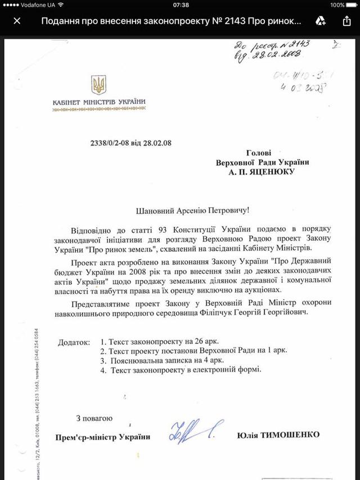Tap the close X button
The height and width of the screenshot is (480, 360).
coord(17,21)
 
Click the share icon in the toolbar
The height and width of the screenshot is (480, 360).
coord(346,21)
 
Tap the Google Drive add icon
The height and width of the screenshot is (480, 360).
coord(321,21)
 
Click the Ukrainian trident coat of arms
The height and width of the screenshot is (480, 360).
coord(98,85)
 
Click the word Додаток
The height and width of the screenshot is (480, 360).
coord(74,341)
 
